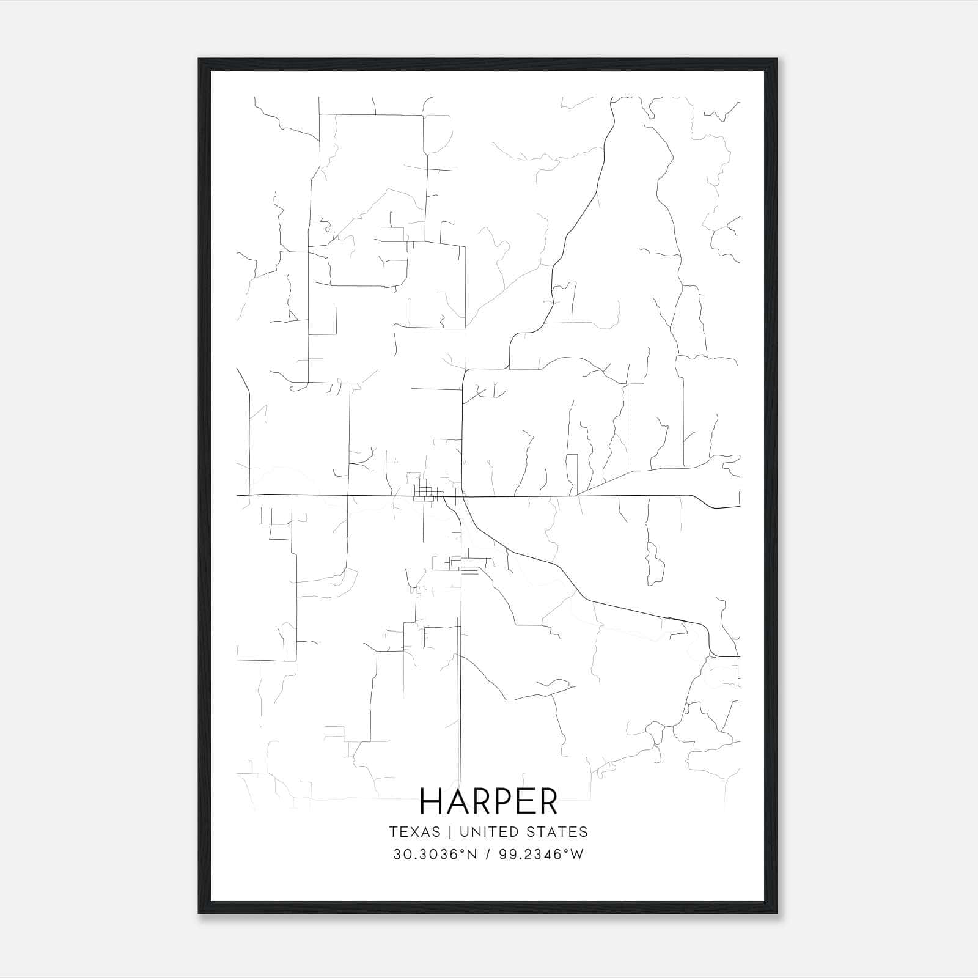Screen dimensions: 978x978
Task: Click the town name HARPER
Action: click(x=489, y=801)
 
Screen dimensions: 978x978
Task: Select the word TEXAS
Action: click(x=414, y=832)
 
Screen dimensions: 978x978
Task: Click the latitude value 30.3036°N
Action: click(x=435, y=855)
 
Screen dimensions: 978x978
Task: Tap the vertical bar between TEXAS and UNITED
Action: click(x=450, y=832)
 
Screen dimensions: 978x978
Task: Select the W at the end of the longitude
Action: click(x=578, y=855)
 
